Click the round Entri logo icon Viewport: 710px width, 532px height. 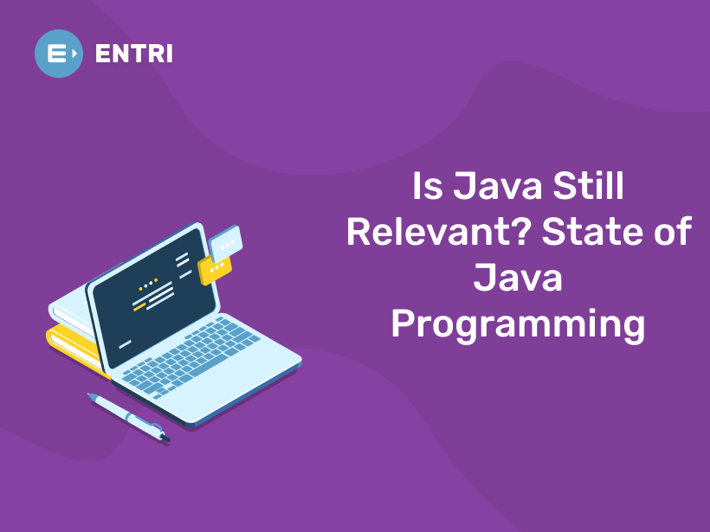pos(59,54)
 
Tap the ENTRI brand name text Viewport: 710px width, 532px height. pos(134,54)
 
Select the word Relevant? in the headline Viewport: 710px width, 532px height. pos(438,234)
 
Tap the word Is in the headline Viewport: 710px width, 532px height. pos(427,187)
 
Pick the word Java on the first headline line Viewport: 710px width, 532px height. pos(497,187)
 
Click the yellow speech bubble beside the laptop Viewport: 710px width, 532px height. pos(215,270)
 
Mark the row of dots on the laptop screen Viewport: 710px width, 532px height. pos(149,282)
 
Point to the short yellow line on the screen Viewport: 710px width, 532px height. pos(139,304)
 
